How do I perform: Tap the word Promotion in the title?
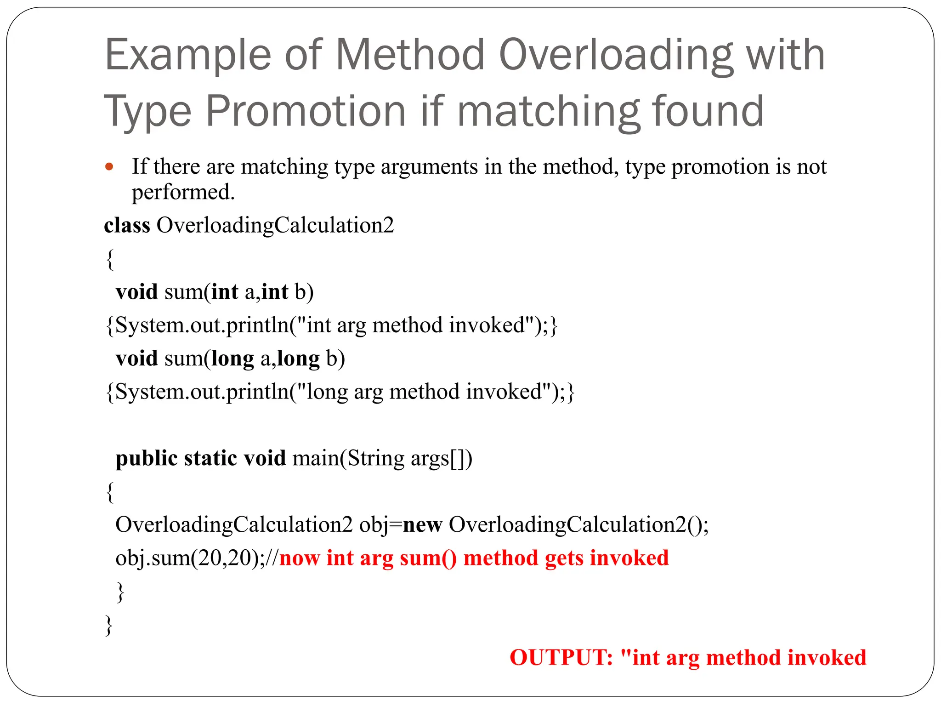pyautogui.click(x=305, y=112)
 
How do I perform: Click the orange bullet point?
pyautogui.click(x=109, y=167)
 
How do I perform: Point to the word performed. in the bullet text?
pyautogui.click(x=183, y=192)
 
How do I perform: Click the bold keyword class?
pyautogui.click(x=127, y=225)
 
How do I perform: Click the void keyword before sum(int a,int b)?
pyautogui.click(x=136, y=292)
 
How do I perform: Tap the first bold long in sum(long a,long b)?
pyautogui.click(x=232, y=359)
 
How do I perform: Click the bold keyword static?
pyautogui.click(x=210, y=458)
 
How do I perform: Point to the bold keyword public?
pyautogui.click(x=146, y=458)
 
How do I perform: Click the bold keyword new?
pyautogui.click(x=422, y=524)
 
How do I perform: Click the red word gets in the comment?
pyautogui.click(x=564, y=558)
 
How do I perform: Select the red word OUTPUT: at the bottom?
pyautogui.click(x=561, y=657)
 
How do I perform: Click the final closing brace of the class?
pyautogui.click(x=109, y=625)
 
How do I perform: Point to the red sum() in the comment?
pyautogui.click(x=428, y=558)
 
